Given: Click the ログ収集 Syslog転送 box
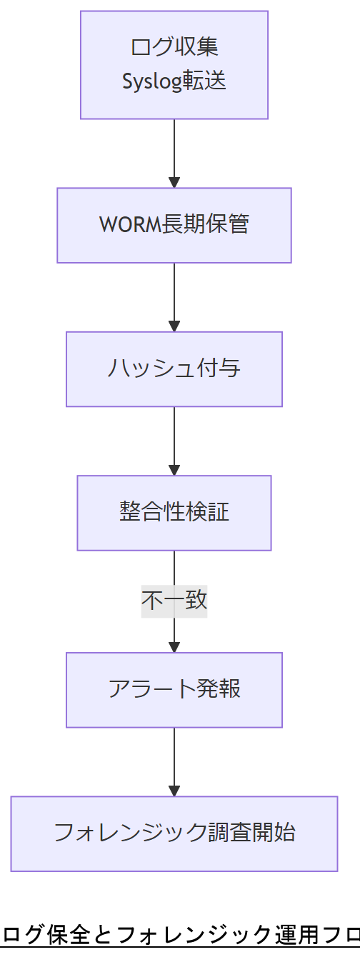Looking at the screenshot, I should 174,65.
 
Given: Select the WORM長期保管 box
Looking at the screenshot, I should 174,225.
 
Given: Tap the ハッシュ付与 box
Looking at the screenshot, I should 174,369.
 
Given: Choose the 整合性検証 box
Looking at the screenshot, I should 174,513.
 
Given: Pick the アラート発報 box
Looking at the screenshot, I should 174,690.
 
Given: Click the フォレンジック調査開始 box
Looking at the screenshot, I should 174,833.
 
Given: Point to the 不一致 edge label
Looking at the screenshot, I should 174,601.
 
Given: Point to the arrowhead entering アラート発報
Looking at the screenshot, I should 174,647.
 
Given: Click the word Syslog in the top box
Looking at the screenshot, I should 148,81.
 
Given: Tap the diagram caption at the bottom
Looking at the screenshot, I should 180,934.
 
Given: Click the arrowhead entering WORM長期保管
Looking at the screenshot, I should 174,182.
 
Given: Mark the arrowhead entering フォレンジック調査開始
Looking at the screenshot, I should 174,791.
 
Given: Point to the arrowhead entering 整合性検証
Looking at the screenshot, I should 174,470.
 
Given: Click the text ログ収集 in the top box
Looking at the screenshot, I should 174,47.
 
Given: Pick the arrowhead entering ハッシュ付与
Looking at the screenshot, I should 174,326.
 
